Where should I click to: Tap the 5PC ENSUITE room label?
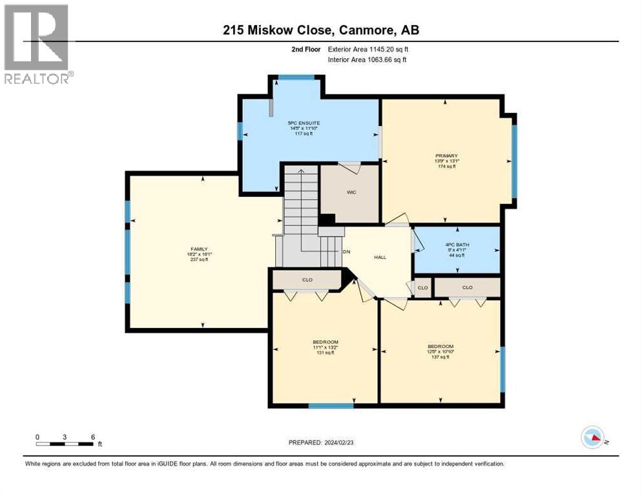click(x=304, y=123)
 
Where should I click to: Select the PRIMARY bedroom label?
click(x=446, y=156)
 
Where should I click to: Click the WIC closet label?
click(x=351, y=192)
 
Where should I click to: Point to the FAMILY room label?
click(x=199, y=249)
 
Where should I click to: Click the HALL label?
click(x=380, y=256)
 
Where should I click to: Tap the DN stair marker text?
click(x=346, y=253)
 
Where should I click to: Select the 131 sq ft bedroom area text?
click(x=326, y=353)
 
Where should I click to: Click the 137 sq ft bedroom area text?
click(x=440, y=356)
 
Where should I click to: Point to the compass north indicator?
click(x=592, y=437)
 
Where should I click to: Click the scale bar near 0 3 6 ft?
click(x=65, y=444)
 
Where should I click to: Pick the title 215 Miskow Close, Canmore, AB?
click(x=320, y=30)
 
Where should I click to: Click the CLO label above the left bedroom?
click(x=307, y=280)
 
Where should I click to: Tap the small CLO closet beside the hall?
click(x=422, y=287)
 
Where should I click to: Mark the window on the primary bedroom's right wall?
click(x=514, y=160)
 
